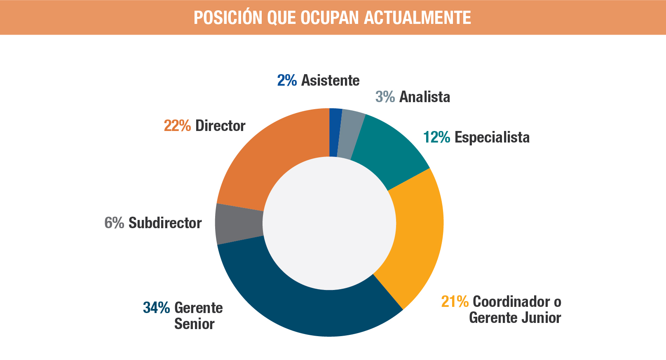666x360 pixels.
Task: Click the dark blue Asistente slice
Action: click(335, 133)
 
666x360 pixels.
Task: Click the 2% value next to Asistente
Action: click(287, 80)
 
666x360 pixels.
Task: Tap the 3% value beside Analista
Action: click(385, 97)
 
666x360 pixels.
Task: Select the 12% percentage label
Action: click(436, 137)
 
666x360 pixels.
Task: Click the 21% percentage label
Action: click(455, 302)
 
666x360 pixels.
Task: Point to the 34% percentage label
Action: click(156, 308)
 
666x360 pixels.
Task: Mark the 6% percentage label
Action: click(114, 223)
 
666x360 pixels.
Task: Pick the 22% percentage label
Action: click(177, 126)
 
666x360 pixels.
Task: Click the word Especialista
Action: click(492, 137)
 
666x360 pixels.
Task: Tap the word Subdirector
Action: click(165, 223)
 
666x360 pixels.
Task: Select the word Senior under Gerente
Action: click(194, 324)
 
